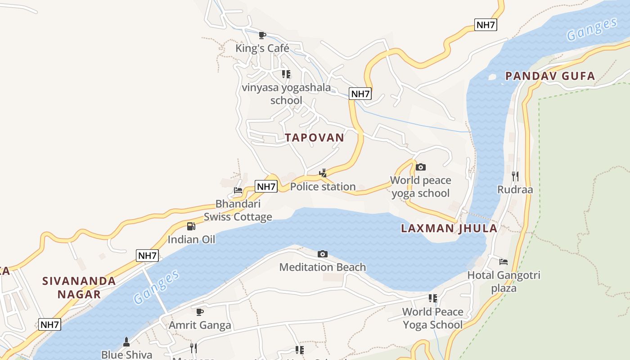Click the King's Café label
(x=262, y=48)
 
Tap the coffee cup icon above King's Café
(x=262, y=35)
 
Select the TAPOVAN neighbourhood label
(x=315, y=138)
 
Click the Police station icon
(x=323, y=173)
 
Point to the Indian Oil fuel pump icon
(x=191, y=226)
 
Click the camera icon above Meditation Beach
(x=323, y=254)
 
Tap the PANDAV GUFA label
(x=550, y=76)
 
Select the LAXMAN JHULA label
(x=449, y=228)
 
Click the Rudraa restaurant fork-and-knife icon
(x=515, y=176)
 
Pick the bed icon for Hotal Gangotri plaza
(x=504, y=261)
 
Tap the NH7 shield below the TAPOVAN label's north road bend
(x=360, y=94)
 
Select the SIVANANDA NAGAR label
(x=79, y=288)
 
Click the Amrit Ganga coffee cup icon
(x=200, y=312)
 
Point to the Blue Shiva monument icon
(x=126, y=342)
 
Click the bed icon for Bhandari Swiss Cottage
(x=238, y=190)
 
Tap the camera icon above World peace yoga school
(x=421, y=167)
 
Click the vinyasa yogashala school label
(x=286, y=94)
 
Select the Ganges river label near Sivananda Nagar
(x=157, y=287)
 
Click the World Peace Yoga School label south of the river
(x=432, y=318)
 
